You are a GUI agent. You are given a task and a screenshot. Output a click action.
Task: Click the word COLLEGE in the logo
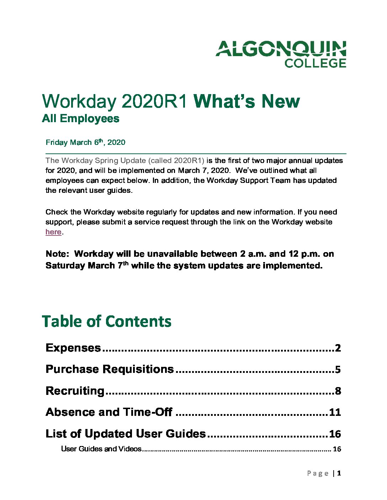click(315, 63)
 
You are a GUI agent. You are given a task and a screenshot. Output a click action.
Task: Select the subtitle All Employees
click(80, 118)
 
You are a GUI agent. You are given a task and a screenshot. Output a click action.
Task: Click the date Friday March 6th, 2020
click(85, 142)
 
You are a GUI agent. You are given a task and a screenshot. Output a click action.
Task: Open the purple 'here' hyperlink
click(53, 232)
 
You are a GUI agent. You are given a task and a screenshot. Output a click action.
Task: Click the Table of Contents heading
click(107, 321)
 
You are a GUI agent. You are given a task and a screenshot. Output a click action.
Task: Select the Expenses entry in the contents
click(73, 348)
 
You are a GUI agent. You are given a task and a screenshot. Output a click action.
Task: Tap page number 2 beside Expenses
click(338, 348)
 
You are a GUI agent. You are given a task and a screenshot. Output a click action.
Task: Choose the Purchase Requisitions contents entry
click(110, 369)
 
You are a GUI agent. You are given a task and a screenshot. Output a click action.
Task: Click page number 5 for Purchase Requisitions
click(338, 370)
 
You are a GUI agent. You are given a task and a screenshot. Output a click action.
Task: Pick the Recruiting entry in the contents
click(75, 391)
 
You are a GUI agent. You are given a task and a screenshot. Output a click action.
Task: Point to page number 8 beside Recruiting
click(338, 391)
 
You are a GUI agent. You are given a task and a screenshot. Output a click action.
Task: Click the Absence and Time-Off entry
click(109, 412)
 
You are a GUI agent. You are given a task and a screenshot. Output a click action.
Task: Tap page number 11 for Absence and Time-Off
click(335, 413)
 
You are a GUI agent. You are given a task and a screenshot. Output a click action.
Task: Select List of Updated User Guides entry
click(126, 434)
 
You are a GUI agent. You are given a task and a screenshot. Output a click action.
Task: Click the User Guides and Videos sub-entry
click(101, 449)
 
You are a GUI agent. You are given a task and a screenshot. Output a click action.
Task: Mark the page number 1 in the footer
click(339, 473)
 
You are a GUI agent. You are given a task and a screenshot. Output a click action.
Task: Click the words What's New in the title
click(246, 102)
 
